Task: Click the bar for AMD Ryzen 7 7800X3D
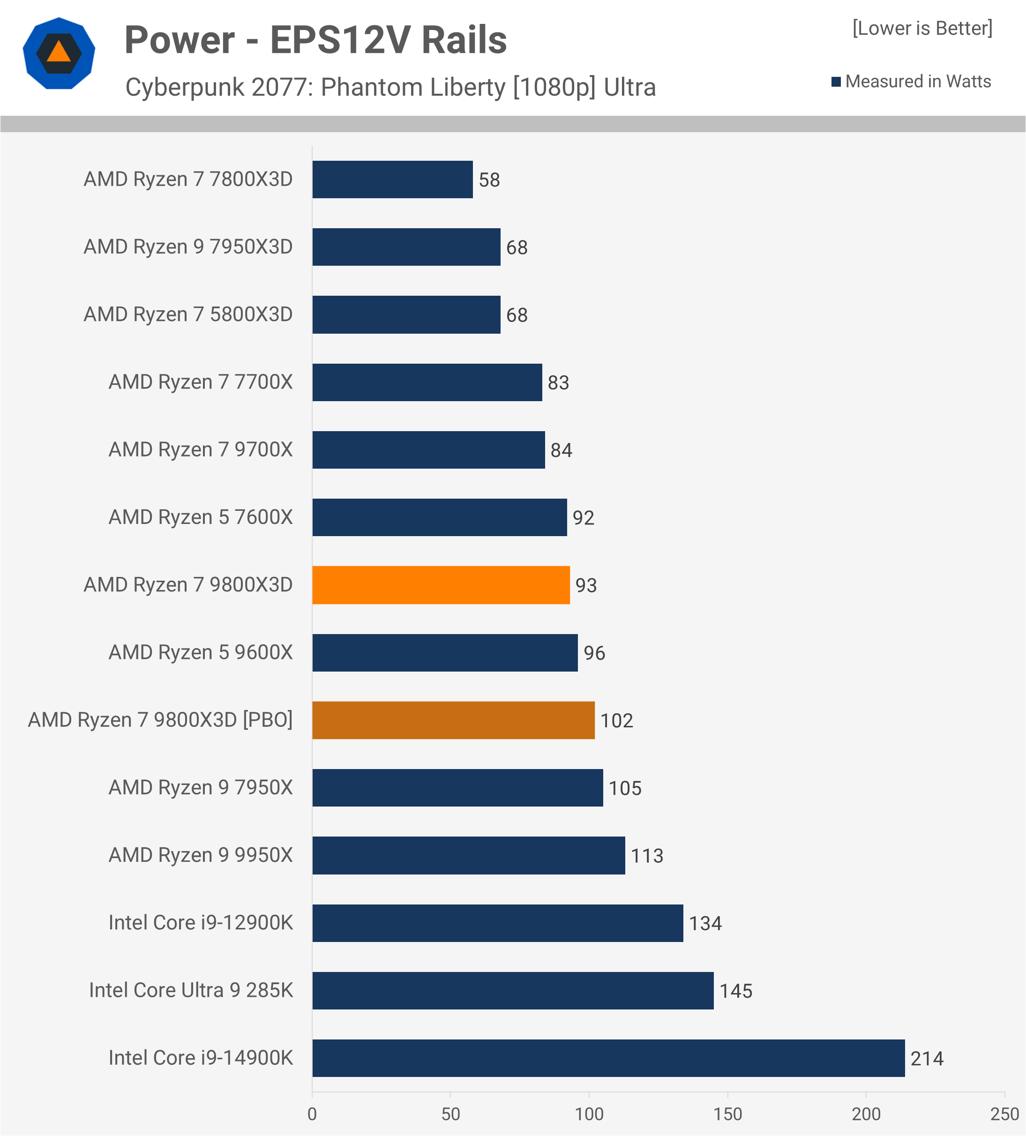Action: click(392, 179)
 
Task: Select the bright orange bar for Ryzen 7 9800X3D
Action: click(441, 585)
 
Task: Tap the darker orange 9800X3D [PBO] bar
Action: click(453, 720)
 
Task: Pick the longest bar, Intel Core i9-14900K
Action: click(608, 1058)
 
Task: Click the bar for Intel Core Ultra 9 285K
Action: click(513, 991)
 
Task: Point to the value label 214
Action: click(926, 1059)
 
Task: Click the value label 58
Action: click(489, 180)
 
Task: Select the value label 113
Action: click(646, 856)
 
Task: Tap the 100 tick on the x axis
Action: click(589, 1114)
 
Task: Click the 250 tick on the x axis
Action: click(1004, 1114)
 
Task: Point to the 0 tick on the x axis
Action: click(312, 1114)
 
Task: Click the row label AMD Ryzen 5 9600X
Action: click(201, 652)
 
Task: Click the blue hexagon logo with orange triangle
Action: click(59, 53)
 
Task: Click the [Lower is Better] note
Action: click(922, 28)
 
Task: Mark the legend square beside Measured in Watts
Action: click(836, 82)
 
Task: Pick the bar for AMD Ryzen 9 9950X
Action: click(468, 855)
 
